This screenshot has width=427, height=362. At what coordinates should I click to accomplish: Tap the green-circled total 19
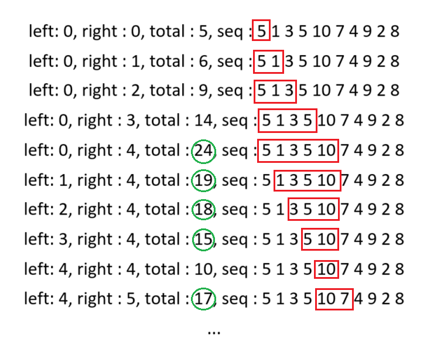coord(203,180)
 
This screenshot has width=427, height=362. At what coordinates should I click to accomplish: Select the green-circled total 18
coord(203,210)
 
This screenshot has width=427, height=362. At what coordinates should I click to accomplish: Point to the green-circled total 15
coord(203,240)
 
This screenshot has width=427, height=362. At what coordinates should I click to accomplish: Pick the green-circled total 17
coord(203,299)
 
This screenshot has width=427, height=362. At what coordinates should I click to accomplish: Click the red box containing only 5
coord(252,30)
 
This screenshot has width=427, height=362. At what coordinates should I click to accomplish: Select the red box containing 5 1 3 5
coord(258,121)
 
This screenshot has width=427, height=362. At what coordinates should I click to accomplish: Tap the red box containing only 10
coord(315,269)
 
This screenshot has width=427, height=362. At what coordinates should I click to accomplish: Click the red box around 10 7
coord(316,299)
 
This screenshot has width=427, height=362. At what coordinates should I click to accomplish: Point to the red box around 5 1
coord(254,62)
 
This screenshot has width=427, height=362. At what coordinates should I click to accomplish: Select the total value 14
coord(203,120)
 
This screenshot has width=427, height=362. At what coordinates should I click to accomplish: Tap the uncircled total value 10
coord(203,269)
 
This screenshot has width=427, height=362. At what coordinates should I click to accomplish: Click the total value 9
coord(203,90)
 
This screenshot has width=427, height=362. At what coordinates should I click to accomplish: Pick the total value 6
coord(203,61)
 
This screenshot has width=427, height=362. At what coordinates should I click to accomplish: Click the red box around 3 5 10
coord(288,209)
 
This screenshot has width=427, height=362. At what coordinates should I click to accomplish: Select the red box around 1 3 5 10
coord(274,180)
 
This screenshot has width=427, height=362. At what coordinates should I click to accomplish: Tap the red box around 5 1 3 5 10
coord(258,151)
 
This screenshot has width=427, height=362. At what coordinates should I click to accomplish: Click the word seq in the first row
coord(230,32)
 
